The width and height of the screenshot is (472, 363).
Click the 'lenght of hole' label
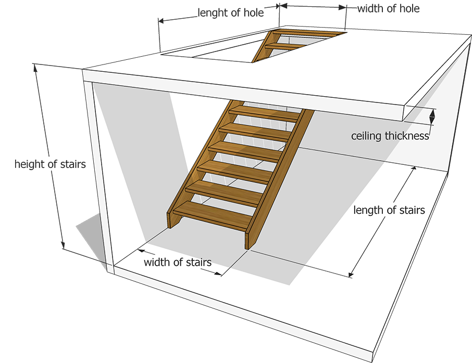click(231, 12)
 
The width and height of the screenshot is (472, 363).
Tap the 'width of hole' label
click(388, 8)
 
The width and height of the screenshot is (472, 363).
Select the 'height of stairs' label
click(50, 164)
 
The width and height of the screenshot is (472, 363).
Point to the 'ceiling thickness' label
click(390, 136)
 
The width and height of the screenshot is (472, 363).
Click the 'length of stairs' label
click(389, 210)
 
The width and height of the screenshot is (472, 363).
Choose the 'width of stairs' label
click(178, 262)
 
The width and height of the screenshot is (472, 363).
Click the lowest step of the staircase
click(213, 214)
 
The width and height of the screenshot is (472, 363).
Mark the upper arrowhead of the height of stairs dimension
click(35, 68)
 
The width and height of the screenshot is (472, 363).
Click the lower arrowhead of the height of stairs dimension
click(63, 244)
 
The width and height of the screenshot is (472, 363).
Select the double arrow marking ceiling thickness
click(432, 116)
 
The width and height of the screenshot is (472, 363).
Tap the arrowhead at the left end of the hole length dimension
click(161, 20)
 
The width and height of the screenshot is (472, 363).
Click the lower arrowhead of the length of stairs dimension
click(351, 274)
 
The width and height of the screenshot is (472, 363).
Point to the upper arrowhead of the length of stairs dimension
click(414, 168)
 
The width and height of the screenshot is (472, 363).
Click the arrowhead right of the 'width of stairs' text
click(218, 274)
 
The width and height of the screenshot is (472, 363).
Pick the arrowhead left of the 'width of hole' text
click(343, 7)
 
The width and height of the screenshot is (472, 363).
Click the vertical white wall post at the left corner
click(98, 177)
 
